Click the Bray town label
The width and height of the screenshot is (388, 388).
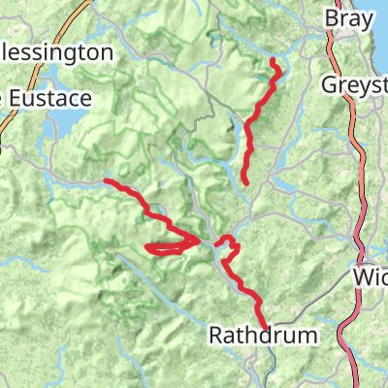348,18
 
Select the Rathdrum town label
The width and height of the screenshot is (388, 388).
264,336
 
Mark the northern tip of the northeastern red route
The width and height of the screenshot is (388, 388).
274,61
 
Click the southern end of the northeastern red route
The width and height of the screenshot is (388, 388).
244,181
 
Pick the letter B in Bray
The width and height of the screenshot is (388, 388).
332,18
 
